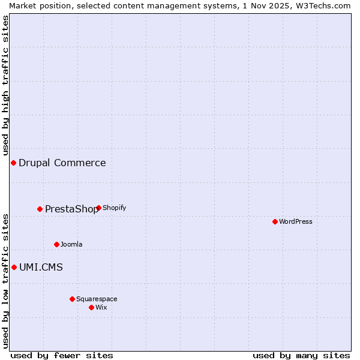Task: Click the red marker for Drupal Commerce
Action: coord(13,163)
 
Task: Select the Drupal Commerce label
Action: coord(62,163)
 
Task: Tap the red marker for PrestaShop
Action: coord(40,209)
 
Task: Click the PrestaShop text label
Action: coord(71,209)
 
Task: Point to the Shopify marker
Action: coord(98,208)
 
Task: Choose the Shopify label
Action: coord(114,208)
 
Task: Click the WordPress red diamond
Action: coord(275,222)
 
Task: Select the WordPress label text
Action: coord(295,222)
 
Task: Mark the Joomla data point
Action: coord(57,245)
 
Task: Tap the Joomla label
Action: coord(71,245)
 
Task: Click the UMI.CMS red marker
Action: coord(14,268)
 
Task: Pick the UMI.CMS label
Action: coord(41,268)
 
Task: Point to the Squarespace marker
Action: coord(72,299)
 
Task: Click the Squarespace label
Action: coord(97,299)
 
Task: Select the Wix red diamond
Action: coord(91,308)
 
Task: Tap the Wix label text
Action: coord(101,308)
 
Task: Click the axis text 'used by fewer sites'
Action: coord(62,356)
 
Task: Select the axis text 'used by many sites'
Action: coord(301,356)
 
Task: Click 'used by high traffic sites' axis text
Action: coord(6,85)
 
